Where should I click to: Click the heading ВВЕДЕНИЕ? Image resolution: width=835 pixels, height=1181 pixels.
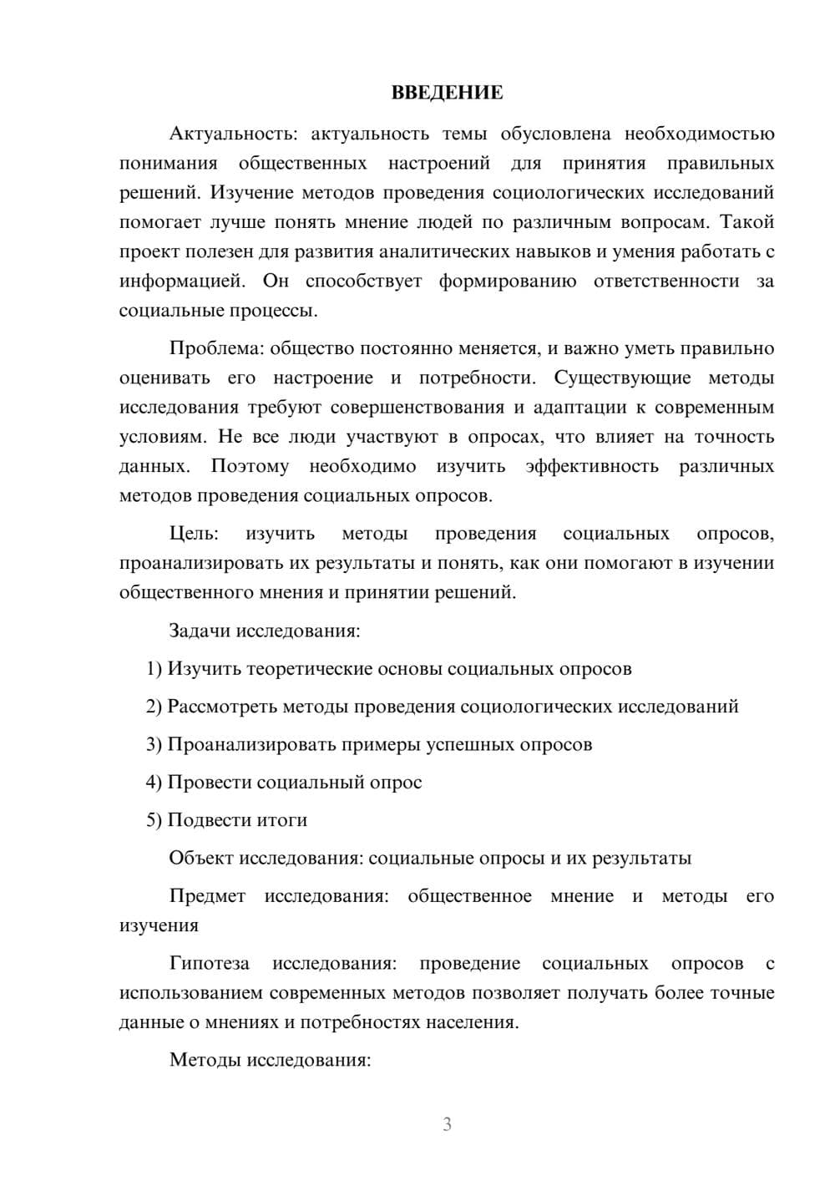point(447,93)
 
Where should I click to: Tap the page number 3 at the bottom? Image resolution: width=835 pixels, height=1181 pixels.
point(447,1124)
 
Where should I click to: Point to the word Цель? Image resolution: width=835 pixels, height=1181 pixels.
point(194,534)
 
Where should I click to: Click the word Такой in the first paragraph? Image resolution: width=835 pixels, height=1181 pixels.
point(746,222)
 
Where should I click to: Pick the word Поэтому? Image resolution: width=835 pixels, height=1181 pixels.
point(250,466)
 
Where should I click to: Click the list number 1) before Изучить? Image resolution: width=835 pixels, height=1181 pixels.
point(154,669)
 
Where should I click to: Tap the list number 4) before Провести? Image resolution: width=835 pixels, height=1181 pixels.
point(154,783)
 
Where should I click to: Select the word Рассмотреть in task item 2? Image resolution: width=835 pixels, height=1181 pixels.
point(222,707)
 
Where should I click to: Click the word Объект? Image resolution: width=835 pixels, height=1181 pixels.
point(200,859)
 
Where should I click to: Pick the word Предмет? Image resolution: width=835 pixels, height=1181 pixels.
point(207,896)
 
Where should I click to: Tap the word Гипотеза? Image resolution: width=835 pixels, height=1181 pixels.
point(209,964)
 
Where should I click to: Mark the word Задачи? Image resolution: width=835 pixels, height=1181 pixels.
point(200,631)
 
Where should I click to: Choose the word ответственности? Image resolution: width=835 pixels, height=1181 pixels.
point(666,281)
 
